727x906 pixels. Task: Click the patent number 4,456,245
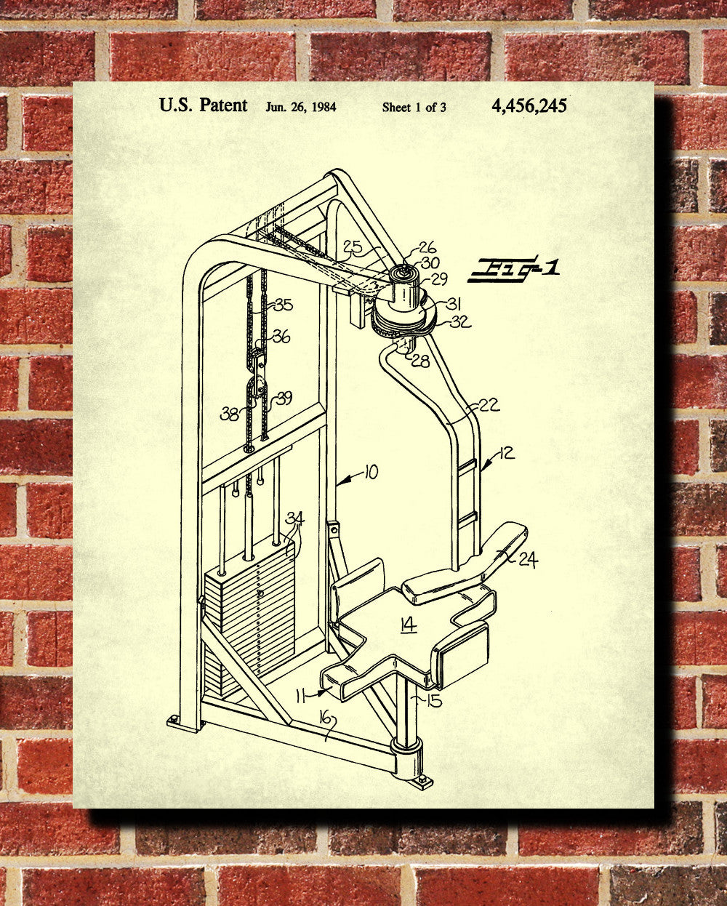[529, 106]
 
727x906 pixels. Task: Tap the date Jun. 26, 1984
[300, 107]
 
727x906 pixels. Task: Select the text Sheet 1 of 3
[414, 108]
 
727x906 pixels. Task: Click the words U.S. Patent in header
[204, 105]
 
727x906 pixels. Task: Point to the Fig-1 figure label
[514, 269]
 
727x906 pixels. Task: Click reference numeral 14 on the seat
[408, 624]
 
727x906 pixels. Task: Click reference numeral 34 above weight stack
[294, 518]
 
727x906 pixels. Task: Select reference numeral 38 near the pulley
[230, 414]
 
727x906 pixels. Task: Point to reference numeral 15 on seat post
[434, 700]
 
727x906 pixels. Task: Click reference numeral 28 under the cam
[419, 359]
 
